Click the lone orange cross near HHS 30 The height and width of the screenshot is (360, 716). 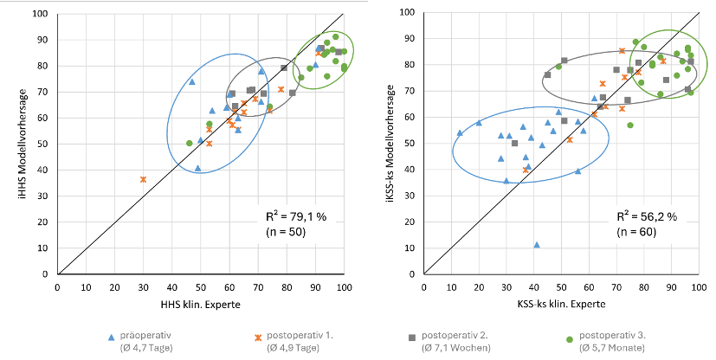click(143, 179)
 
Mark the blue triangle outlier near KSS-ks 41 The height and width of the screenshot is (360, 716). click(537, 245)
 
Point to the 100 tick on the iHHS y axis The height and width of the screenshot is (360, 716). click(40, 14)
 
